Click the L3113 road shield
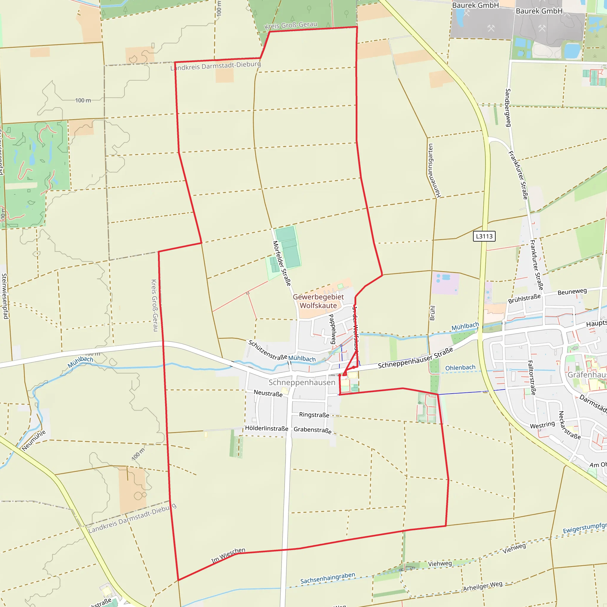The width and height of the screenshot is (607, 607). click(484, 236)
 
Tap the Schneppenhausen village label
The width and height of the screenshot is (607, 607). click(302, 382)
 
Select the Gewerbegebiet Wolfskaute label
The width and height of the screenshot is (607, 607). click(318, 301)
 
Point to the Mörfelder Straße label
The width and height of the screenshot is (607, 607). click(282, 263)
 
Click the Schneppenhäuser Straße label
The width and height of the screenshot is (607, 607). click(415, 358)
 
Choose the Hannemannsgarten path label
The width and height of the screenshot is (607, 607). click(434, 171)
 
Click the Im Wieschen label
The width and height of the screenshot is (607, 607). click(228, 555)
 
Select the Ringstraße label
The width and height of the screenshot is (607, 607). click(314, 415)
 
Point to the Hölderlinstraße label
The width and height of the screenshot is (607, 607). click(266, 429)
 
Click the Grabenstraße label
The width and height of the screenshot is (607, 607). click(313, 430)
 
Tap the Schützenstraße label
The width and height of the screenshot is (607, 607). click(267, 350)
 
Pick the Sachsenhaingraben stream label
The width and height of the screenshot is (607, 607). click(328, 578)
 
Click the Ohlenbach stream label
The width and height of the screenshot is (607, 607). click(460, 368)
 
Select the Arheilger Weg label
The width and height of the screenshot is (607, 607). click(483, 586)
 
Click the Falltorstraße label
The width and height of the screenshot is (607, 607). click(532, 378)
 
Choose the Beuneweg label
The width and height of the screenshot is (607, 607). click(572, 292)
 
